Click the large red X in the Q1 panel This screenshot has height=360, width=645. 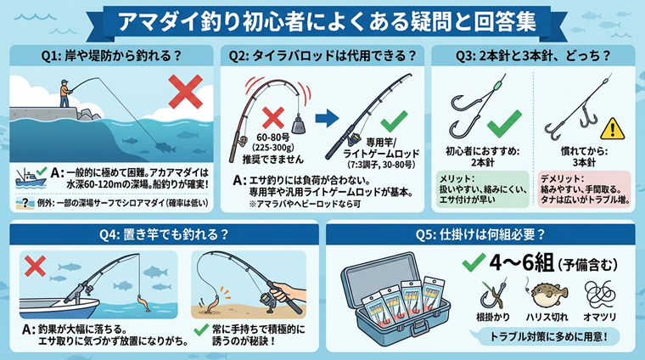pyautogui.click(x=186, y=92)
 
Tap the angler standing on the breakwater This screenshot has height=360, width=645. pyautogui.click(x=65, y=93)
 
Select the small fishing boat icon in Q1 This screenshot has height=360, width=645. pyautogui.click(x=29, y=178)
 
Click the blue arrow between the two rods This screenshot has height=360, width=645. pyautogui.click(x=327, y=119)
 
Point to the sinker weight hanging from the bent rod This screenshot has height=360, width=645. pyautogui.click(x=299, y=124)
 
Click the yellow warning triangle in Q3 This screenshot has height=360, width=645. pyautogui.click(x=612, y=129)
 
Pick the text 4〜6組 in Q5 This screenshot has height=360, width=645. pyautogui.click(x=521, y=262)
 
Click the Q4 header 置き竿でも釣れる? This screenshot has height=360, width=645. pyautogui.click(x=164, y=234)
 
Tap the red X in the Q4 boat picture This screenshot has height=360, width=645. pyautogui.click(x=35, y=266)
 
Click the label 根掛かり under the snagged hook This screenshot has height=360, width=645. pyautogui.click(x=493, y=317)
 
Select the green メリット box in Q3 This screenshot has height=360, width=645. pyautogui.click(x=482, y=189)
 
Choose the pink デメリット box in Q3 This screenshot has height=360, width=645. pyautogui.click(x=584, y=189)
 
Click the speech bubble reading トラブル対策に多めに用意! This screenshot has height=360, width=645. pyautogui.click(x=547, y=337)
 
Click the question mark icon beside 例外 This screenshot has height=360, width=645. pyautogui.click(x=25, y=203)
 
